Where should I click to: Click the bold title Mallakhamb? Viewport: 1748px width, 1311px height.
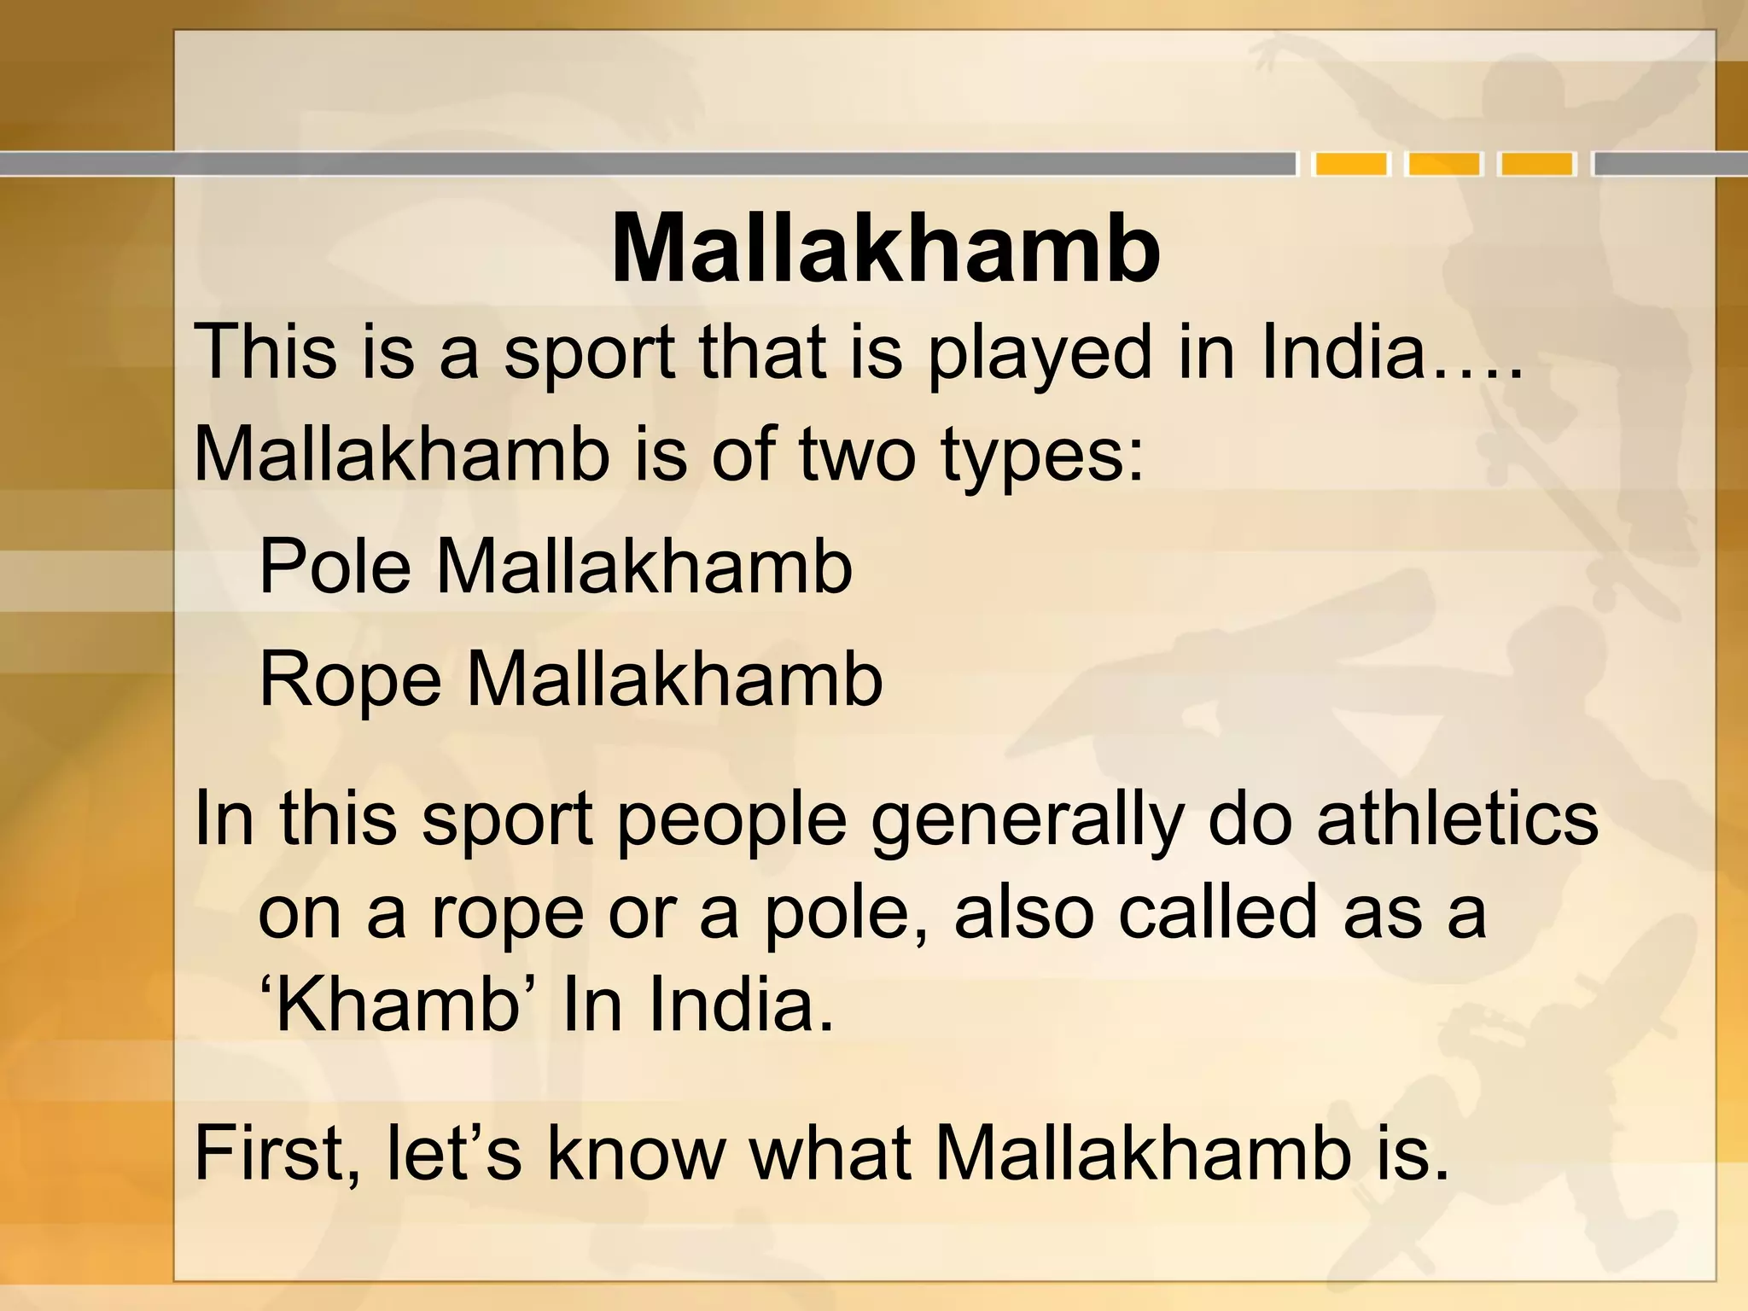point(885,248)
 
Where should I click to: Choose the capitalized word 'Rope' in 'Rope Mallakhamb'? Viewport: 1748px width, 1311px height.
point(350,681)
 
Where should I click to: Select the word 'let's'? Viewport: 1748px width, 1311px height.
point(453,1154)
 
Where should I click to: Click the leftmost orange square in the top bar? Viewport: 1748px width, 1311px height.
point(1351,163)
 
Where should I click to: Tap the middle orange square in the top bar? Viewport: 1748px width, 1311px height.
point(1444,163)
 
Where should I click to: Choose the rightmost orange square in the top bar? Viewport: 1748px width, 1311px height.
point(1537,163)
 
